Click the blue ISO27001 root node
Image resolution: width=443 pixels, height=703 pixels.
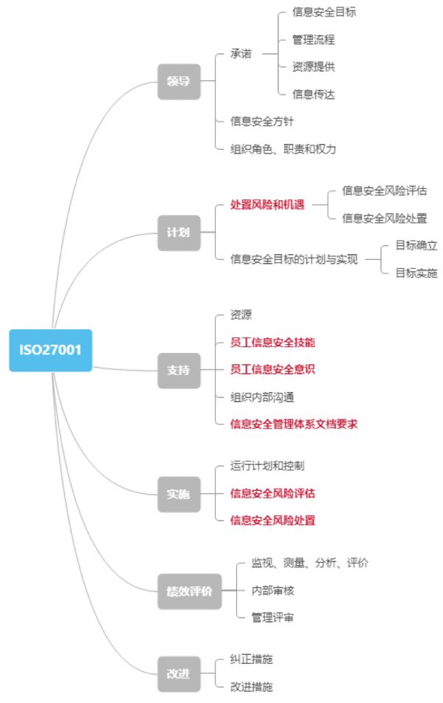coord(50,350)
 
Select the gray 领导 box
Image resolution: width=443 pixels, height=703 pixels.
coord(179,80)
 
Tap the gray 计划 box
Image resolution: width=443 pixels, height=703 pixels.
coord(179,232)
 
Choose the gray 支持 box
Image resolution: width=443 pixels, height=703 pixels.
coord(179,369)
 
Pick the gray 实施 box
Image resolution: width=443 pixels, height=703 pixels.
coord(179,493)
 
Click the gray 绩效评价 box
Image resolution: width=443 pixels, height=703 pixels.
coord(189,591)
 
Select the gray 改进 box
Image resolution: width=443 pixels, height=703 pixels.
coord(179,673)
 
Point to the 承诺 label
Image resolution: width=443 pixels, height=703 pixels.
coord(241,53)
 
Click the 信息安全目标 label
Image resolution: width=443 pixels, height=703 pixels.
coord(325,12)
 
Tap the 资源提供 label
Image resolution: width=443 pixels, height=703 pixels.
coord(314,66)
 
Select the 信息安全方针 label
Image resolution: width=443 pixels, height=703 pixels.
coord(262,121)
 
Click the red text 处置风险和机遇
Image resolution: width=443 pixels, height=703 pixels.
coord(267,205)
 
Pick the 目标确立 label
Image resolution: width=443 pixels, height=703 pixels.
coord(416,246)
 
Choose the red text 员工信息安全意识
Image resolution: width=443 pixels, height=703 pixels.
coord(273,369)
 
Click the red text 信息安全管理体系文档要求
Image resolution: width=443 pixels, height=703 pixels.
coord(294,424)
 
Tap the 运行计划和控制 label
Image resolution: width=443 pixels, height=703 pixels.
coord(267,466)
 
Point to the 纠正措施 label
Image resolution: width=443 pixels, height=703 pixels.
coord(252,659)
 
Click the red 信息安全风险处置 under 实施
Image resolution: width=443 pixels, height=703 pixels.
coord(273,521)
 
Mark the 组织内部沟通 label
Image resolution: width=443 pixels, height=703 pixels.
coord(262,397)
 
